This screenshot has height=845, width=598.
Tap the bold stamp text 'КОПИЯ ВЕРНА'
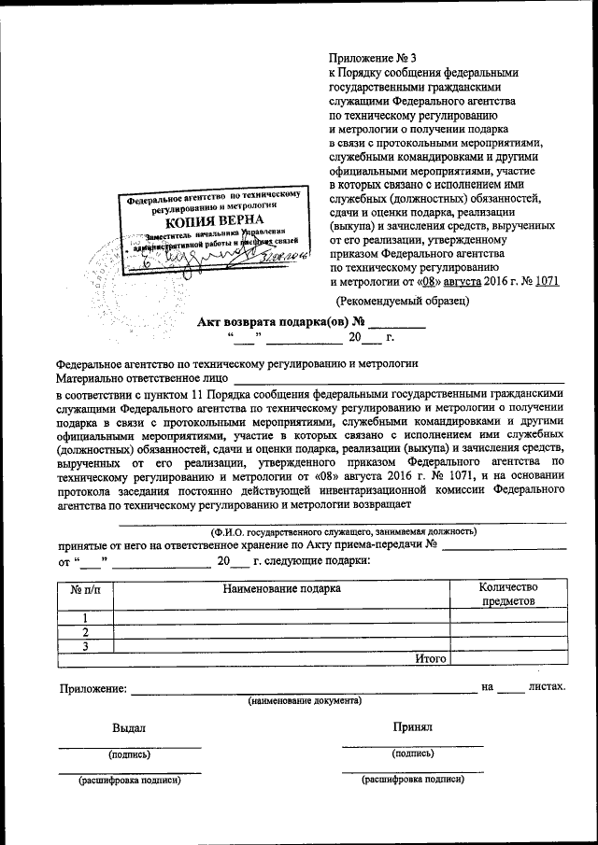click(x=214, y=222)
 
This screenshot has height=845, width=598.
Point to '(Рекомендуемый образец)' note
click(x=402, y=301)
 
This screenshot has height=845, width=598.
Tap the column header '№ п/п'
click(x=85, y=589)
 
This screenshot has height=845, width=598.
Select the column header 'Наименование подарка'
click(x=281, y=588)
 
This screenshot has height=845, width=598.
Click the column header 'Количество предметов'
click(x=507, y=595)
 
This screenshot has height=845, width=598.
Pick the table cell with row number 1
click(x=85, y=617)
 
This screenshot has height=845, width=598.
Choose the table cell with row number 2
click(x=85, y=631)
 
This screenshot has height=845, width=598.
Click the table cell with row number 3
click(x=85, y=645)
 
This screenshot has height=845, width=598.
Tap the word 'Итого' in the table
click(x=430, y=658)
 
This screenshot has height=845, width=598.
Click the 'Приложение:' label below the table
click(x=92, y=688)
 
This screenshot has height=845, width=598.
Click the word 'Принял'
click(x=412, y=726)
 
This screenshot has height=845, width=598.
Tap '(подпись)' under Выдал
click(x=129, y=754)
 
